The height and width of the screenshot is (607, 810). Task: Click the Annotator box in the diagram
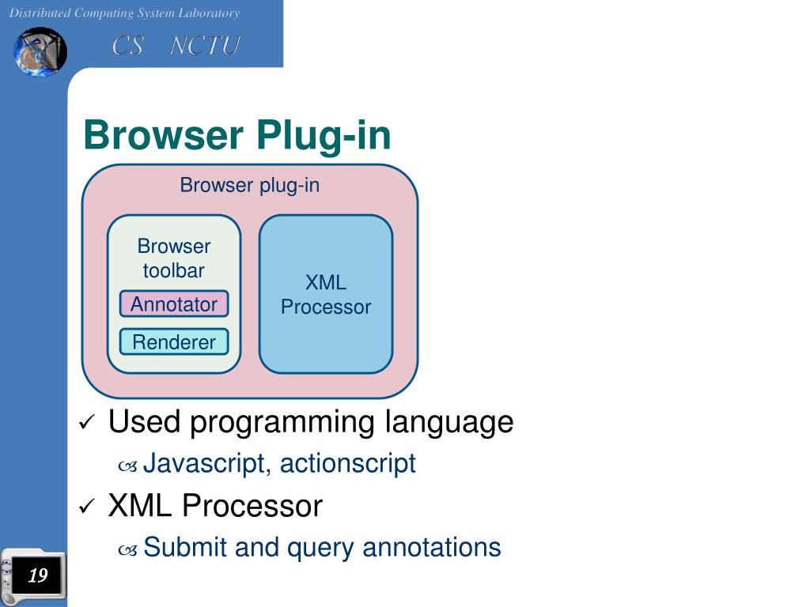[x=174, y=304]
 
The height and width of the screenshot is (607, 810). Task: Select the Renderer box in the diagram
[x=174, y=342]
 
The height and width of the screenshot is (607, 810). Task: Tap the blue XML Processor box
[x=326, y=295]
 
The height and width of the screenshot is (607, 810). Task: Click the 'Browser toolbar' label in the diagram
[x=174, y=258]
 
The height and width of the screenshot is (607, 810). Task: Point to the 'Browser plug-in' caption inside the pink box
[x=250, y=185]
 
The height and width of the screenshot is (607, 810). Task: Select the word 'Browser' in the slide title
[x=164, y=135]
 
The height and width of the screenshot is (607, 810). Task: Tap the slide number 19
[x=37, y=575]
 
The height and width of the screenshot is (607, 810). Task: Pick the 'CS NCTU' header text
[x=176, y=46]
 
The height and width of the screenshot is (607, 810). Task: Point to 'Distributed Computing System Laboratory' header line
[x=124, y=13]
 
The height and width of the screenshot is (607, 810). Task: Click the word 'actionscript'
[x=347, y=463]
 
